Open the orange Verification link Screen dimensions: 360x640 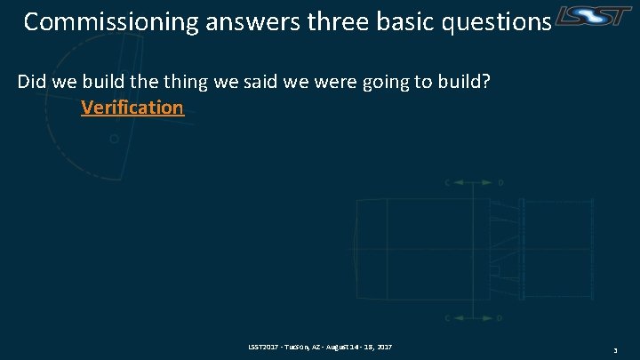click(x=132, y=108)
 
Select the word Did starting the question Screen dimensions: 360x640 click(x=31, y=82)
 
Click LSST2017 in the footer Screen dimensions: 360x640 click(x=264, y=345)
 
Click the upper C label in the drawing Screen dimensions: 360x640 click(x=448, y=182)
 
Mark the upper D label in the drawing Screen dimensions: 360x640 click(x=500, y=182)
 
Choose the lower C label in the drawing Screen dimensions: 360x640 click(x=448, y=317)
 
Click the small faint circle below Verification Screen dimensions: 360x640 click(x=113, y=139)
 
